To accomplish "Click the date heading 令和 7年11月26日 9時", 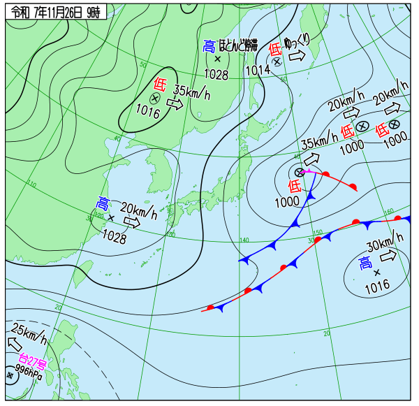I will pyautogui.click(x=55, y=11).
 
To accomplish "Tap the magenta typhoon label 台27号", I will pyautogui.click(x=33, y=362).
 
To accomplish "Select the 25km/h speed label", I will pyautogui.click(x=29, y=331).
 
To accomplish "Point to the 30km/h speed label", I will pyautogui.click(x=385, y=244).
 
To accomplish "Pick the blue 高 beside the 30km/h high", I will pyautogui.click(x=365, y=263).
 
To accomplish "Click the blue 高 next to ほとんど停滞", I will pyautogui.click(x=209, y=46).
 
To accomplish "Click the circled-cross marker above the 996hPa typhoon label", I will pyautogui.click(x=9, y=375).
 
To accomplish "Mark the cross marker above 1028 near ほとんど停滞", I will pyautogui.click(x=217, y=59).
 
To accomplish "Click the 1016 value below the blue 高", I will pyautogui.click(x=376, y=285).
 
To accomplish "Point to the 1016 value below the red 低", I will pyautogui.click(x=148, y=110).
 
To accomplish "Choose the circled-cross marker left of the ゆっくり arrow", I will pyautogui.click(x=277, y=61).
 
